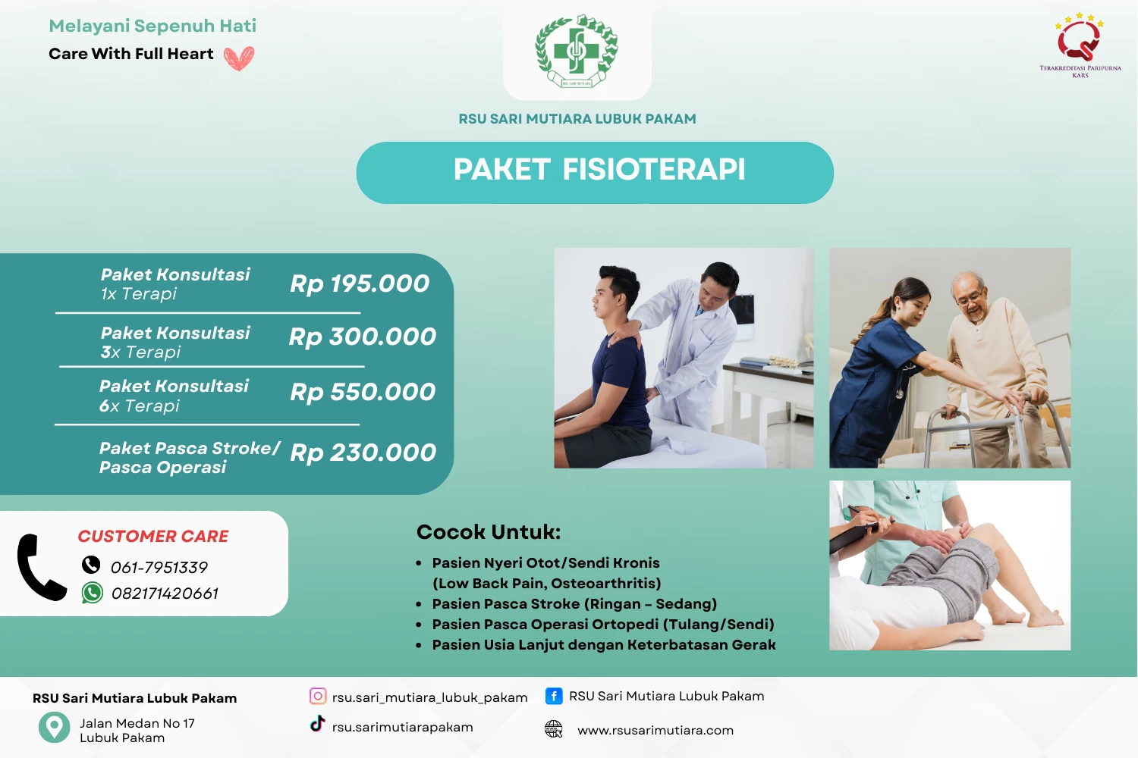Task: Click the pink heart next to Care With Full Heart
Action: (239, 58)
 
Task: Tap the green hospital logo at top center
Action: (577, 51)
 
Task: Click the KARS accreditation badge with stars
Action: (1080, 43)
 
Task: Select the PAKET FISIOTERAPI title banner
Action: (595, 172)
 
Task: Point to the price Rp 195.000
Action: (360, 283)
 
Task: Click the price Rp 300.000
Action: (363, 337)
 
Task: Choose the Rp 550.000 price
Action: (363, 392)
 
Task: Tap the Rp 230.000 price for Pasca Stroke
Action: (363, 453)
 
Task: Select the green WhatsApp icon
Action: (93, 593)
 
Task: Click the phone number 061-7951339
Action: (159, 568)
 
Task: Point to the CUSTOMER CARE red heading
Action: (153, 537)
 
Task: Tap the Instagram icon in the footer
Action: (318, 696)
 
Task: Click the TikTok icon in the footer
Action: (317, 725)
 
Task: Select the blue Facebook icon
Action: (554, 696)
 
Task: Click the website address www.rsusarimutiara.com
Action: (655, 731)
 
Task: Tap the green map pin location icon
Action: (54, 727)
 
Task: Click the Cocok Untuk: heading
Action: (489, 532)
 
